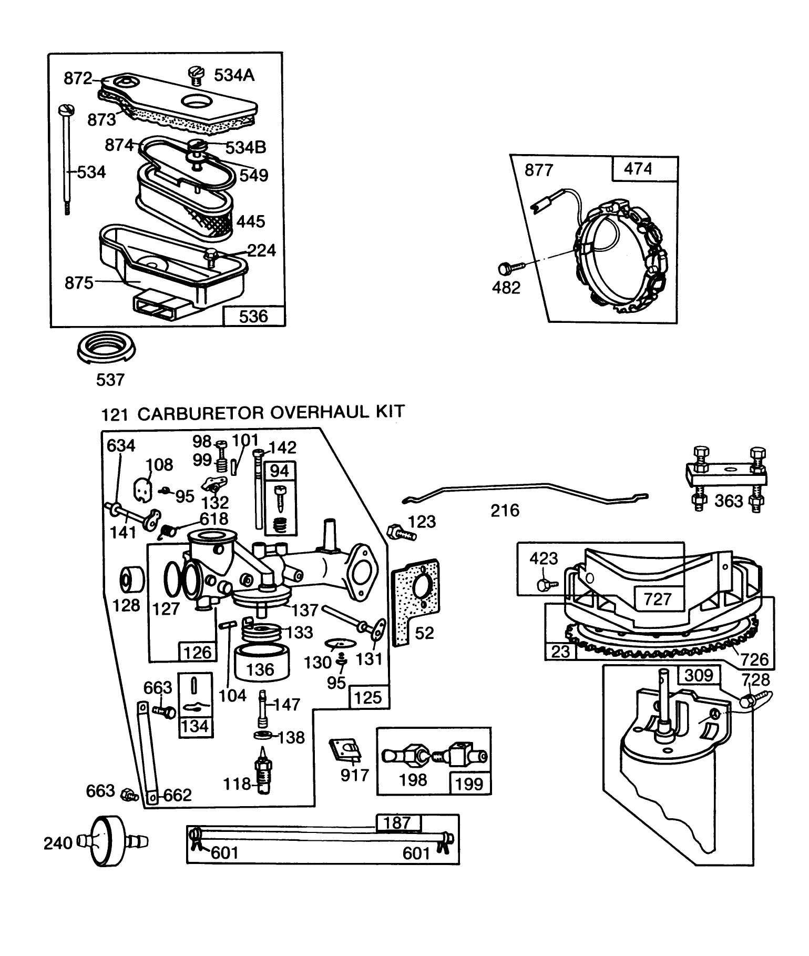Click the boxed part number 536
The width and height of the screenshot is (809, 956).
point(253,316)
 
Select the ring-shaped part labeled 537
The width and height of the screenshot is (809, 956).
point(107,348)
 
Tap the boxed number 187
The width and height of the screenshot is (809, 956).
point(397,822)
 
